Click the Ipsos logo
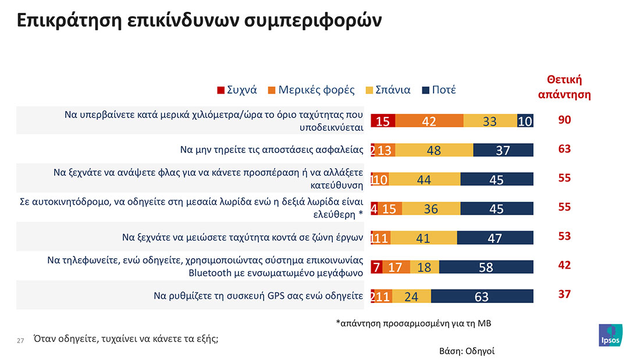(x=610, y=336)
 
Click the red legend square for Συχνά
(x=221, y=90)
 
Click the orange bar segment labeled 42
(x=429, y=121)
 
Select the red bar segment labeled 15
(x=383, y=121)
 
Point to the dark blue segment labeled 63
(x=482, y=296)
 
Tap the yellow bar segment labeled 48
(x=434, y=150)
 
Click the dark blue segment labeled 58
(x=486, y=267)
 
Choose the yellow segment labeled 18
(x=425, y=267)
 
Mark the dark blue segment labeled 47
(x=495, y=237)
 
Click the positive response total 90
(x=564, y=120)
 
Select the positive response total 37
(x=564, y=294)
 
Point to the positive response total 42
(x=564, y=265)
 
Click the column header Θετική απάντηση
(x=564, y=87)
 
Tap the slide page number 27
(x=20, y=341)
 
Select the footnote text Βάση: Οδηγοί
(x=467, y=351)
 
